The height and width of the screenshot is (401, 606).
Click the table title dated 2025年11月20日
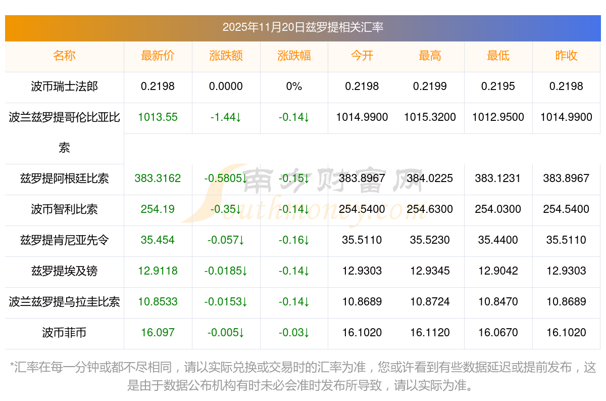point(303,27)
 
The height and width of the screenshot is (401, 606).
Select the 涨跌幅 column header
point(294,56)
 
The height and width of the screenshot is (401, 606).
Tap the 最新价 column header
point(158,56)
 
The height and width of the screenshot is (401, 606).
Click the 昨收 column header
point(566,56)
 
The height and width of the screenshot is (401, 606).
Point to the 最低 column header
point(498,56)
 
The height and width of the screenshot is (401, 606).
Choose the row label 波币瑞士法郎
point(64,86)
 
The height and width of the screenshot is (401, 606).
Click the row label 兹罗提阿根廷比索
point(64,179)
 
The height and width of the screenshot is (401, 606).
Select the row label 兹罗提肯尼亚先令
point(64,240)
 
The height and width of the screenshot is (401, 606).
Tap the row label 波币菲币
point(64,333)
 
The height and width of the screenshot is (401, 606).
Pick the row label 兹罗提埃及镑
point(64,271)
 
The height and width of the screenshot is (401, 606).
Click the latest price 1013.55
point(158,117)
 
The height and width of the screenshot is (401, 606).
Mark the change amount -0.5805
point(226,179)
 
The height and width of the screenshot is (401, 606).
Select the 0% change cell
point(294,86)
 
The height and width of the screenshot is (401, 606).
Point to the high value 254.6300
point(430,209)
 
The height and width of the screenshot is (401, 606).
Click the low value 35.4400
point(498,240)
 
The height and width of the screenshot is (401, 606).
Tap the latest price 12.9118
point(158,271)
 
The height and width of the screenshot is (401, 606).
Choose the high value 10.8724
point(430,302)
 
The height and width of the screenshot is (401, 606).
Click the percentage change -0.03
point(294,333)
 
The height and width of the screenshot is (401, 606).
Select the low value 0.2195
point(498,86)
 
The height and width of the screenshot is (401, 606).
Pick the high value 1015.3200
point(430,117)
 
